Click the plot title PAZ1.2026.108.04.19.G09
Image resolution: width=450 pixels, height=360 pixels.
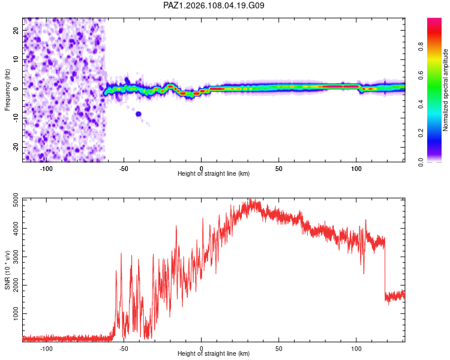point(214,5)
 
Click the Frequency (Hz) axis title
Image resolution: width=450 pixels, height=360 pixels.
point(7,90)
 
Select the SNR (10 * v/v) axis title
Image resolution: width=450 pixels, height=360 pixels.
point(7,270)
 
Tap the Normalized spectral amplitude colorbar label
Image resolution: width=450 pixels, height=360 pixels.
point(445,90)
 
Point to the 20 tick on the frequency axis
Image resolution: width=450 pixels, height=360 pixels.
point(16,30)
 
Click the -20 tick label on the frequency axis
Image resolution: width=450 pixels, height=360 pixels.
point(16,147)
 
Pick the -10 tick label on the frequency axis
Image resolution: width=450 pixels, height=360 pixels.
point(16,118)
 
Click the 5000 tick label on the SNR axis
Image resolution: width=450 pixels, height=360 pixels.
point(16,200)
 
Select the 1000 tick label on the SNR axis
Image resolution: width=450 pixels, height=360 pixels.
point(16,313)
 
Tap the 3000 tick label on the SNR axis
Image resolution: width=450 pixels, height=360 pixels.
point(16,257)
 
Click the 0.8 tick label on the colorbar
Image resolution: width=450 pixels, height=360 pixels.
point(421,46)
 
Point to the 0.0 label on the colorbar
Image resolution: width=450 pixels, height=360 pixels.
point(421,162)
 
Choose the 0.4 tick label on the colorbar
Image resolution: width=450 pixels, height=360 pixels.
point(421,104)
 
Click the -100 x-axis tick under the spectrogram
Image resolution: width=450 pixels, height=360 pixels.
point(46,169)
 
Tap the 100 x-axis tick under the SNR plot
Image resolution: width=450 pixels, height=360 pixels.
point(356,349)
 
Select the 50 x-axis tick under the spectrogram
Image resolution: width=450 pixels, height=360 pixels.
point(278,169)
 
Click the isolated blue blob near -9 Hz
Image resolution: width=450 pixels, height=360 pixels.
point(139,114)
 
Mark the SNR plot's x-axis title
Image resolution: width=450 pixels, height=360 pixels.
point(214,353)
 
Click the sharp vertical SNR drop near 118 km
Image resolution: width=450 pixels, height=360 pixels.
point(385,268)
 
